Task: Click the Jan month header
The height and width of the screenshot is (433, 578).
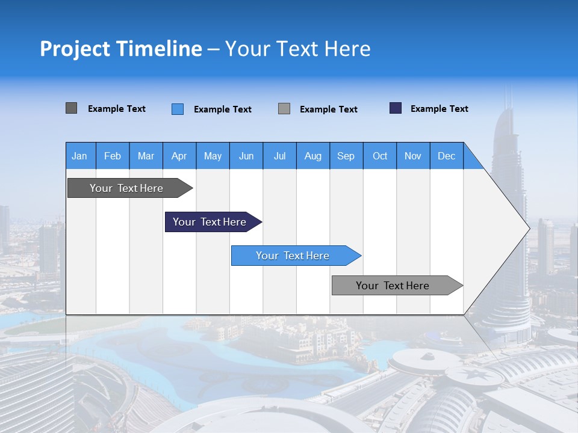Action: click(80, 156)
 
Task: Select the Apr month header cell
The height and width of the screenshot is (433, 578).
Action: click(179, 156)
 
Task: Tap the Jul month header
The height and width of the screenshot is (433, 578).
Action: click(279, 156)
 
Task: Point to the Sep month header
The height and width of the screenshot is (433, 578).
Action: click(346, 156)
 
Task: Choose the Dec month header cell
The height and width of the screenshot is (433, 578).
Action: click(446, 156)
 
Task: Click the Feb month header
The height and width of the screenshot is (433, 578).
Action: click(113, 156)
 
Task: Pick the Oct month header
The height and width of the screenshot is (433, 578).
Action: click(380, 156)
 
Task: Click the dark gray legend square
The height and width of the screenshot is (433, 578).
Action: click(71, 108)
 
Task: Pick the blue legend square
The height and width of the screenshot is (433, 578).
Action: click(178, 109)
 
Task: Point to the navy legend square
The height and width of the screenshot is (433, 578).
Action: click(396, 108)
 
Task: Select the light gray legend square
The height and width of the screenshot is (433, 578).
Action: click(284, 109)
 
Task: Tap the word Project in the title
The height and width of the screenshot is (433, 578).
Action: click(74, 49)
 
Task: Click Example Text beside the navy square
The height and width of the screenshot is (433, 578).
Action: click(439, 109)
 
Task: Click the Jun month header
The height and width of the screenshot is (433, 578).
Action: click(246, 156)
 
